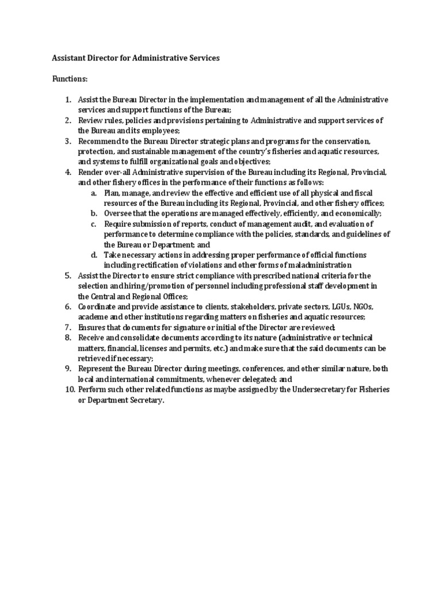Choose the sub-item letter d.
pyautogui.click(x=93, y=255)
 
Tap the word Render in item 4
pyautogui.click(x=89, y=173)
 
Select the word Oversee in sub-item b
pyautogui.click(x=117, y=213)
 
